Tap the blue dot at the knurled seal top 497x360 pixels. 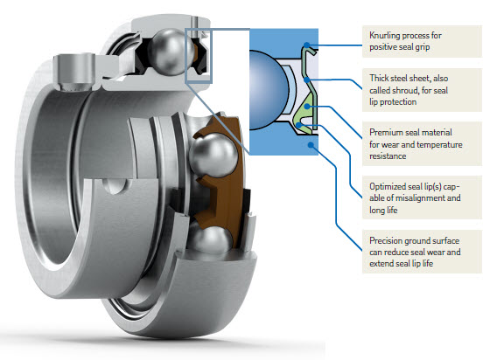coord(306,45)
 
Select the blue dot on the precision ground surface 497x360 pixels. coord(311,145)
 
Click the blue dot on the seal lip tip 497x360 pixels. coord(298,125)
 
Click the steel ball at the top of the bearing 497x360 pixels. coord(171,52)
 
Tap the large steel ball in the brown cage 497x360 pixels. coord(213,155)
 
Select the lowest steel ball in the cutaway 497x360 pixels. coord(210,240)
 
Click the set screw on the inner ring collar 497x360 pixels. coord(73,73)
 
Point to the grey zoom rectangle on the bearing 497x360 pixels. coord(185,55)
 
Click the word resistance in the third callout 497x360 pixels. coord(388,156)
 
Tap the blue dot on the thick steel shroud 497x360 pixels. coord(306,80)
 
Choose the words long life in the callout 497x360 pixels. coord(383,211)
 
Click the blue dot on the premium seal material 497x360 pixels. coord(307,106)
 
